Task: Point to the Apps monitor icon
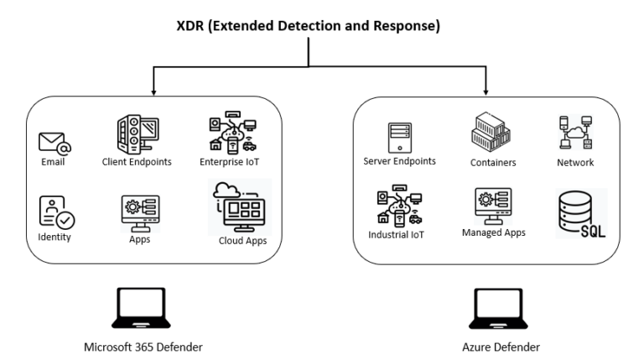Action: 139,212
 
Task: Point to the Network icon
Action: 576,133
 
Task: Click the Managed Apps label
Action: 493,232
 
